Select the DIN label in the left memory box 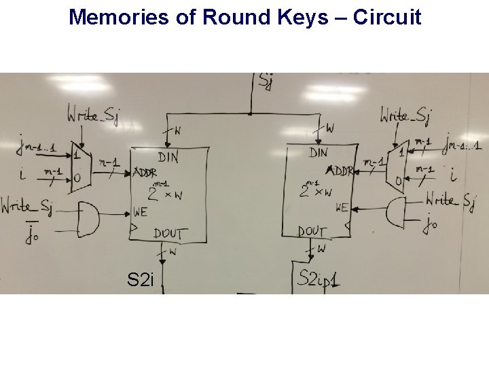[168, 157]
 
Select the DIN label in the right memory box [318, 153]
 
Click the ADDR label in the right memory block [340, 170]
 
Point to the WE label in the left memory [141, 211]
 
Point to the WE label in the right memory [342, 207]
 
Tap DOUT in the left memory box [169, 233]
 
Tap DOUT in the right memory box [313, 231]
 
